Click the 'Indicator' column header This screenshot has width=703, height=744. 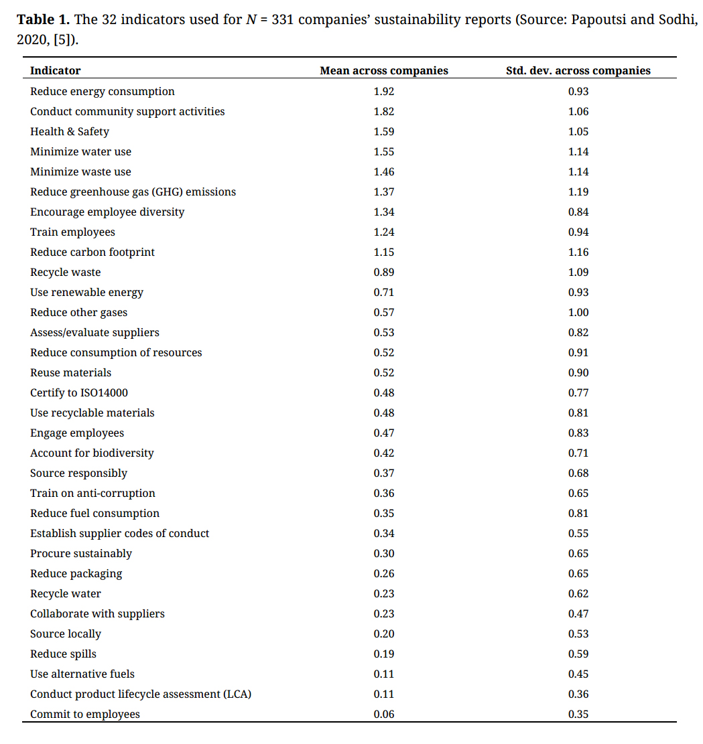pos(55,70)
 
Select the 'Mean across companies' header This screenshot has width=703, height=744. pos(384,70)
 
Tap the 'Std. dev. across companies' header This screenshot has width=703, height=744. pos(578,70)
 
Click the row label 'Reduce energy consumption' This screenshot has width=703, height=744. pos(102,92)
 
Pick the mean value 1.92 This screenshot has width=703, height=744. pos(384,92)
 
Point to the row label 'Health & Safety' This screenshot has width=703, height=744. pos(69,132)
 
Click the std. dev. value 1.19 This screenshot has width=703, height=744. pos(578,192)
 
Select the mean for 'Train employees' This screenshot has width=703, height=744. pos(384,232)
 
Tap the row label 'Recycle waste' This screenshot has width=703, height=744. pos(65,273)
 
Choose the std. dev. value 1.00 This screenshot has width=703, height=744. pos(578,313)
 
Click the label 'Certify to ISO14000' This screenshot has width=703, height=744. pos(78,393)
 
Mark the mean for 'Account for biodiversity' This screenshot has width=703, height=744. pos(384,453)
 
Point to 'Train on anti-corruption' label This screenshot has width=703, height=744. pos(92,494)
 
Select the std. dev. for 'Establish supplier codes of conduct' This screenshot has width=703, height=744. pos(578,534)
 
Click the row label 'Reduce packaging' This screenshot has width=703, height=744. pos(76,574)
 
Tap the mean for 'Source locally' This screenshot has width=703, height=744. pos(384,634)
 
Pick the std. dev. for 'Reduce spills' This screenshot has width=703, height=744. pos(578,654)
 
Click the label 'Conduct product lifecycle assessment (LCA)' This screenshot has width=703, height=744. pos(141,694)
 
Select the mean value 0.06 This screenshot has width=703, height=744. pos(384,715)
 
